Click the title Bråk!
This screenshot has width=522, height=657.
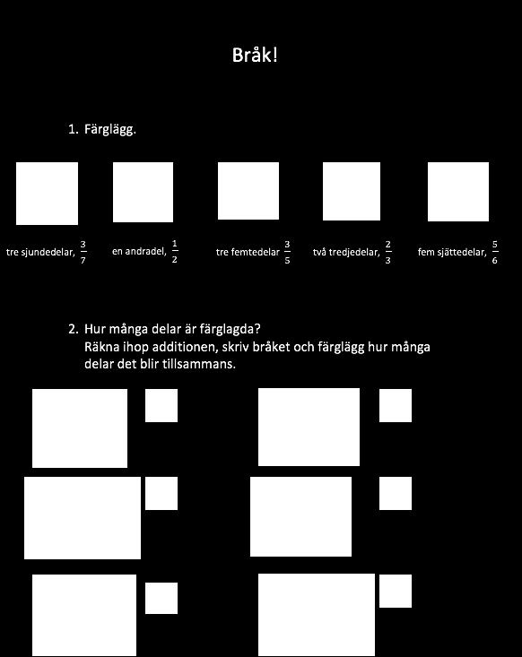pyautogui.click(x=255, y=55)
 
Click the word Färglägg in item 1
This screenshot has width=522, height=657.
pyautogui.click(x=110, y=129)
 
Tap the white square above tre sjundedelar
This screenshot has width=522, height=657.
pyautogui.click(x=47, y=194)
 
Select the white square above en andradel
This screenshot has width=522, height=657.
pyautogui.click(x=143, y=193)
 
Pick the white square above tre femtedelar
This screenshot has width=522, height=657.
pyautogui.click(x=248, y=191)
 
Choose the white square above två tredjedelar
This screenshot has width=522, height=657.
pyautogui.click(x=352, y=192)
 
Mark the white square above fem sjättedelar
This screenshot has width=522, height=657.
pyautogui.click(x=458, y=192)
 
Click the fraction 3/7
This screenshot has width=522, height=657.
pyautogui.click(x=83, y=252)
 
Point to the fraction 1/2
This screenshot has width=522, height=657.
pyautogui.click(x=174, y=251)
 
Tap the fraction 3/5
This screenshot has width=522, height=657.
pyautogui.click(x=287, y=252)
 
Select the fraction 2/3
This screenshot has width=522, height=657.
pyautogui.click(x=387, y=252)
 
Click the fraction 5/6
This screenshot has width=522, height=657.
pyautogui.click(x=495, y=252)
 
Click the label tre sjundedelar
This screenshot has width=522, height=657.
pyautogui.click(x=40, y=252)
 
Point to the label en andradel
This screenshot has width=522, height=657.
pyautogui.click(x=139, y=251)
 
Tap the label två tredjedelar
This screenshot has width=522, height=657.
pyautogui.click(x=346, y=252)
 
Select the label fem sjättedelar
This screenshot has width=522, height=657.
pyautogui.click(x=452, y=252)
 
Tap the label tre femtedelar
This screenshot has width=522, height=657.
pyautogui.click(x=248, y=252)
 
